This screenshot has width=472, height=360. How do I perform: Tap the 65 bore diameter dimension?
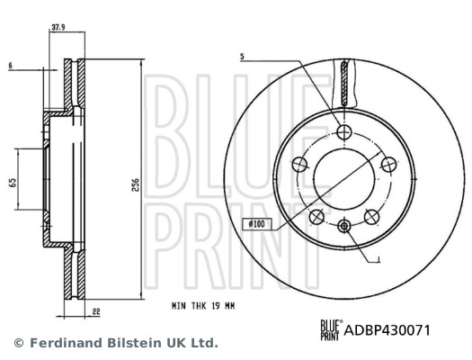pos(11,183)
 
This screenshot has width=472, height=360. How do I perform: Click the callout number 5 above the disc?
pos(243,58)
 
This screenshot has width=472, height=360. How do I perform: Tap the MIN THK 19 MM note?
pos(203,306)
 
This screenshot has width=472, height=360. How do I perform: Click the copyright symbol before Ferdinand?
pos(19,343)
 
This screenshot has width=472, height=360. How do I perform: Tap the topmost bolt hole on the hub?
pos(343,131)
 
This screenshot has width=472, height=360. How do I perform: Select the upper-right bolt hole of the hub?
pos(387,164)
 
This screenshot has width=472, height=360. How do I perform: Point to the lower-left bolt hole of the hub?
pos(316,216)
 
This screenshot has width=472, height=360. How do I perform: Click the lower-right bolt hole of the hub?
pos(370,216)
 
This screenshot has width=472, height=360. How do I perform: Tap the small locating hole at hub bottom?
pos(343,226)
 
